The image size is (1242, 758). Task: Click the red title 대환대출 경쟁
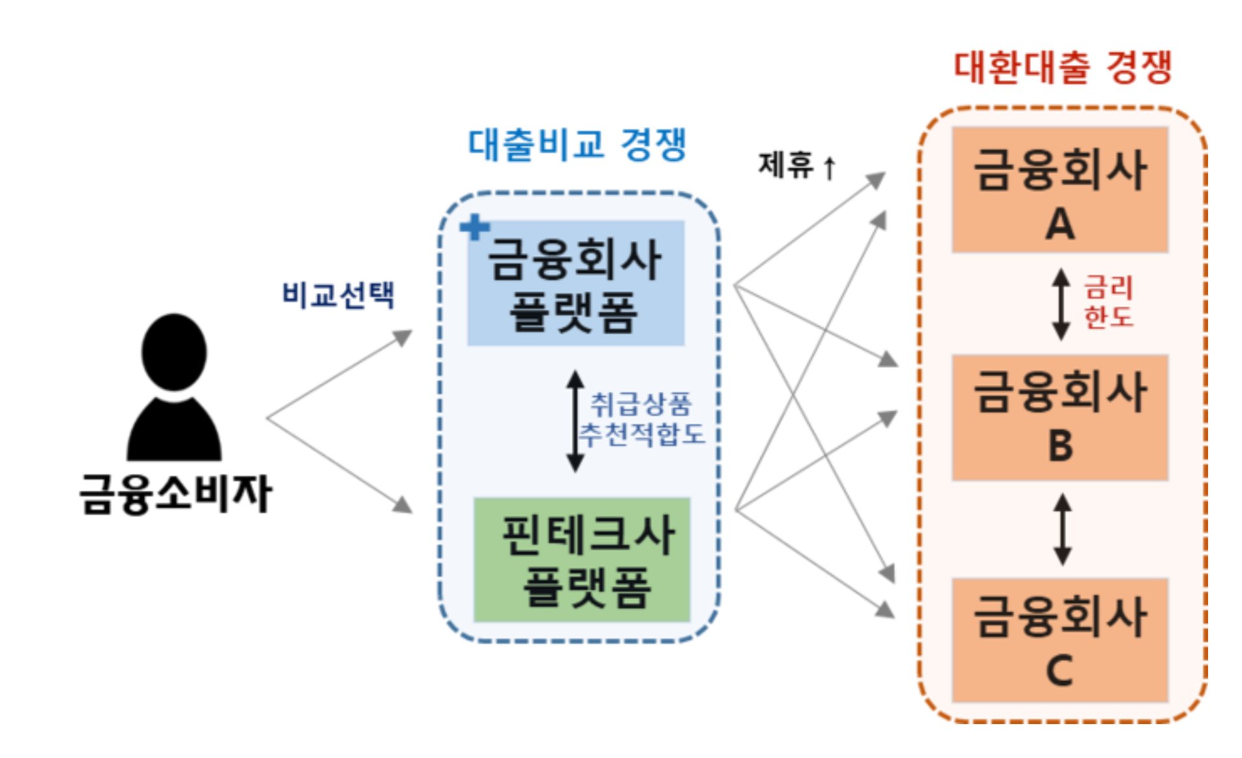pos(1063,67)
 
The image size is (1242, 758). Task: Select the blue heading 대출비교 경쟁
pos(577,144)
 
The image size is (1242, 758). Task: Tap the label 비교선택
pos(338,295)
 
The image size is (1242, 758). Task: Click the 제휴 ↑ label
pos(796,165)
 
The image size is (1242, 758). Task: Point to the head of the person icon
pos(174,352)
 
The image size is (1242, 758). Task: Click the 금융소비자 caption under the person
pos(175,493)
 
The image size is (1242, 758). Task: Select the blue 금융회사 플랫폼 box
pos(575,283)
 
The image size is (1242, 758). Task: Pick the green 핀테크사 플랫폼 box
pos(581,560)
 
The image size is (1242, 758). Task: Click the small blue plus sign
pos(474,227)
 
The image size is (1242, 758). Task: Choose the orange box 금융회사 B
pos(1059,417)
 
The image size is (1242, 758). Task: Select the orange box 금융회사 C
pos(1059,640)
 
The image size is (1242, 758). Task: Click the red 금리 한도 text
pos(1108,302)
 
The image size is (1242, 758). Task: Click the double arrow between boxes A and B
pos(1061,304)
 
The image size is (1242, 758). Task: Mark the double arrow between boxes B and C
pos(1063,529)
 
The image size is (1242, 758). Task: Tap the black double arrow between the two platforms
pos(575,420)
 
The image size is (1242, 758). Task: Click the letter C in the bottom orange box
pos(1059,670)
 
